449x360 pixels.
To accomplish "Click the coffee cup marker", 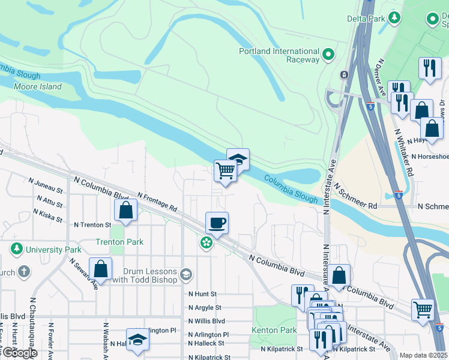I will tap(217, 223).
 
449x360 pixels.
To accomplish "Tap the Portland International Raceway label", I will tap(279, 55).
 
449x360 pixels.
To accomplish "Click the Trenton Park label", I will tap(119, 242).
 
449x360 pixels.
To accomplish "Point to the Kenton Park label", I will tap(274, 330).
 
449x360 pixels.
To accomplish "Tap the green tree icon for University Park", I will tap(16, 248).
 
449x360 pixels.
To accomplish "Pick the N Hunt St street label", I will tap(202, 294).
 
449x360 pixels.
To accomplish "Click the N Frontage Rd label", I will tap(157, 202).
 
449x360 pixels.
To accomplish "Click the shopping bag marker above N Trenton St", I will tap(125, 209).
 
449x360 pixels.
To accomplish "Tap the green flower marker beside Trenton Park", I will tap(206, 242).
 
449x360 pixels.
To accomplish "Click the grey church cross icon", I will tap(23, 272).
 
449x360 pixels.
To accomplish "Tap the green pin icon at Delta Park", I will tap(394, 17).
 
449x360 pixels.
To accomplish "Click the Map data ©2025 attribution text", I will tap(423, 355).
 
